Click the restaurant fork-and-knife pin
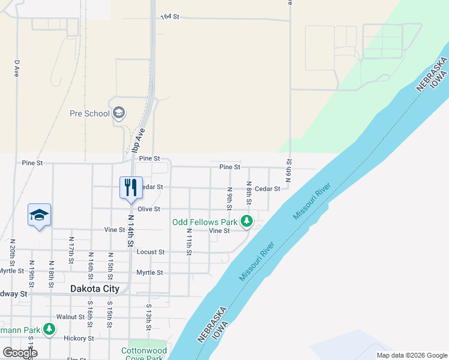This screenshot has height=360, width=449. (x=130, y=188)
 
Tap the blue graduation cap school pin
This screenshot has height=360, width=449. (x=39, y=215)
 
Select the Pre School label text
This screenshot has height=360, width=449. (x=89, y=113)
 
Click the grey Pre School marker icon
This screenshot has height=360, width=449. (x=119, y=113)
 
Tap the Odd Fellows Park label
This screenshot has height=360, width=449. (x=205, y=221)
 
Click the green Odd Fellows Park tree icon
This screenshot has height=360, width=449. (x=246, y=221)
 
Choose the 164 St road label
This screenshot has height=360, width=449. (x=170, y=17)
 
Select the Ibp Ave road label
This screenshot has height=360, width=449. (x=138, y=146)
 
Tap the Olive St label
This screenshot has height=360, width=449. (x=149, y=209)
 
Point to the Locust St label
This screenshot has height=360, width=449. (x=150, y=252)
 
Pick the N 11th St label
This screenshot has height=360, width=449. (x=188, y=242)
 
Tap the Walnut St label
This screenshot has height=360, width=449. (x=70, y=316)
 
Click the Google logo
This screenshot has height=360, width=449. (x=20, y=353)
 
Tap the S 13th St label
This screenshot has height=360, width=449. (x=148, y=317)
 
